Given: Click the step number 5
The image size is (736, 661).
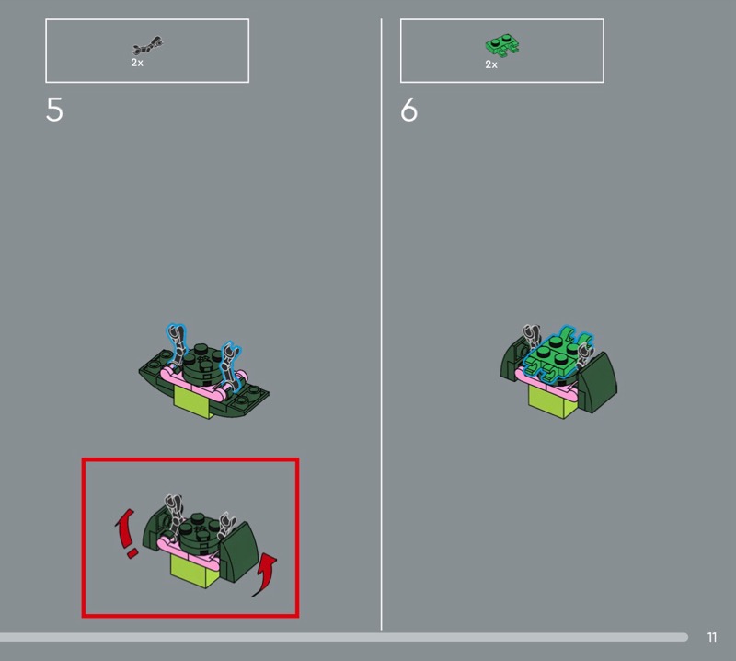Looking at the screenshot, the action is pos(54,110).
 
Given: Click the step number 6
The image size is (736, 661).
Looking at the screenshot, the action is pos(408,110).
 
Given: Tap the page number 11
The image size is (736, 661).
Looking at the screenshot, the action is pos(712,637).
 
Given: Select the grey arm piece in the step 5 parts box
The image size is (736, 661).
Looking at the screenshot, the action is pos(147,45).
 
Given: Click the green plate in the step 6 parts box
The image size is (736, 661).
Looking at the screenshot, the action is pos(502,45).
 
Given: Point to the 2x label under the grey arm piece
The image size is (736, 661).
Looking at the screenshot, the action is pos(137,63).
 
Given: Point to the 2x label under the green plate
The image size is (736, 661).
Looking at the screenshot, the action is pos(491,64).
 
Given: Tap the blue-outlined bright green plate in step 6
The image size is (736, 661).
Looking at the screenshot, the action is pos(557,354).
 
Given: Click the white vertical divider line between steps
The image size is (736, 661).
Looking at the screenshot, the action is pos(381,324).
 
